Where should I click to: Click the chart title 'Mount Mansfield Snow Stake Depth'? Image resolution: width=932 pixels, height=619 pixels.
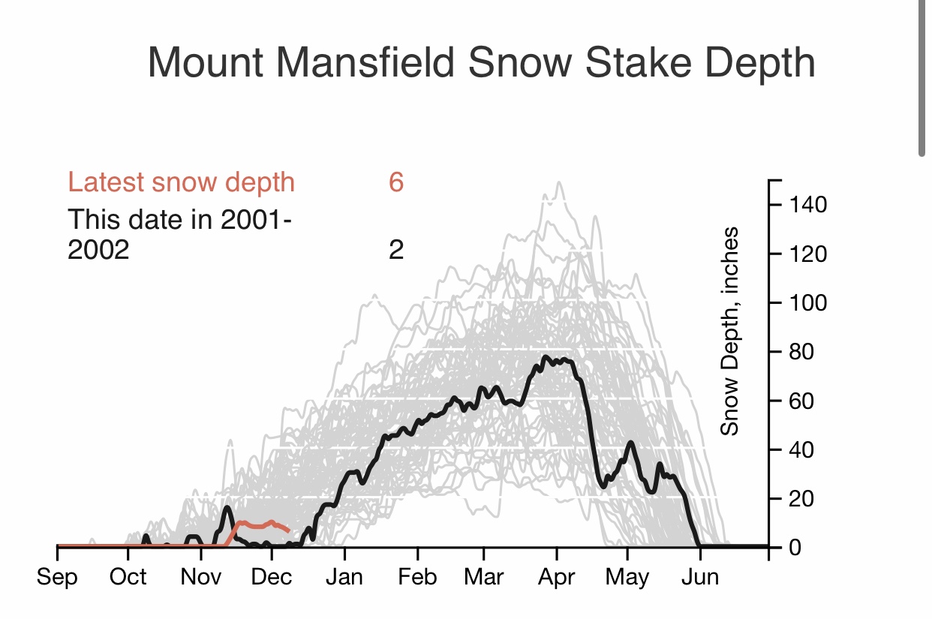[x=482, y=62]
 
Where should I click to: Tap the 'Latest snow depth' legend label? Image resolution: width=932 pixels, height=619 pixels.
[x=182, y=182]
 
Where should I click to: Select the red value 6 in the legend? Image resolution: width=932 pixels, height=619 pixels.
[x=396, y=182]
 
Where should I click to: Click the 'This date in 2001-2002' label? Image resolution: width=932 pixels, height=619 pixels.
[x=180, y=234]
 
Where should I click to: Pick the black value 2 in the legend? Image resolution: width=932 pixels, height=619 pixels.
[x=396, y=250]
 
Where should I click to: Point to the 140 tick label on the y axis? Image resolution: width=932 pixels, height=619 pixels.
[x=808, y=205]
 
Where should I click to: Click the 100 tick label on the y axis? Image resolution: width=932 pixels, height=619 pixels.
[x=808, y=303]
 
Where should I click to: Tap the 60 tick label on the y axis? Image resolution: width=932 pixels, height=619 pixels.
[x=801, y=401]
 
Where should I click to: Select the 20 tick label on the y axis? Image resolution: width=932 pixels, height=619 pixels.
[x=801, y=499]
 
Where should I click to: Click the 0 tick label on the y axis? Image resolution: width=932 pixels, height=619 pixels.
[x=795, y=548]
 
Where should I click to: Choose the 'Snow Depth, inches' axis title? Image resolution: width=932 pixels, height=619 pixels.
[x=729, y=331]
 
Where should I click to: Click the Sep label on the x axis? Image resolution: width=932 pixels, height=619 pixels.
[x=57, y=578]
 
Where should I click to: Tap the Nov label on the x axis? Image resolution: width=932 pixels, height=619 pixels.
[x=201, y=577]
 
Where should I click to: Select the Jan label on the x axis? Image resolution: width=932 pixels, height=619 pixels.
[x=344, y=577]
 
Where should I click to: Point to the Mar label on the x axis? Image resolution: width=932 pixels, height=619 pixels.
[x=484, y=577]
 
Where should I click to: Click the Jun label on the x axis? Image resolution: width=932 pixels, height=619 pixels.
[x=700, y=577]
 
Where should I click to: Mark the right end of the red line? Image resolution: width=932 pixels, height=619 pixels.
[x=289, y=531]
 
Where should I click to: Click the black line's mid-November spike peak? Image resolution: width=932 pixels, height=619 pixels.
[x=227, y=507]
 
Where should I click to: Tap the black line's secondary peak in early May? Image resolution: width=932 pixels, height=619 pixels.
[x=631, y=443]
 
